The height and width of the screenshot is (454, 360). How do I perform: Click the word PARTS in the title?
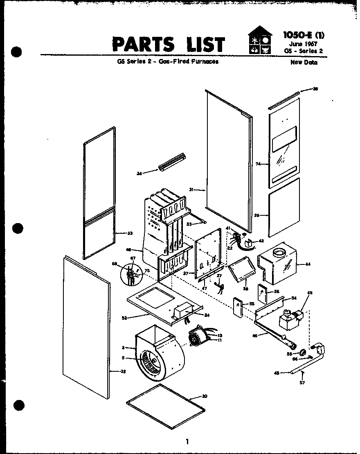(137, 44)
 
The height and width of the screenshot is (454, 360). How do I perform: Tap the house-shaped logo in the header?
(259, 41)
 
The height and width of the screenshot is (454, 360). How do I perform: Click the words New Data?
(304, 63)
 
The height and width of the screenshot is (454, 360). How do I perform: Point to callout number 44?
(308, 264)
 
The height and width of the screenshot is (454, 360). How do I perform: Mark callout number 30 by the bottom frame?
(205, 396)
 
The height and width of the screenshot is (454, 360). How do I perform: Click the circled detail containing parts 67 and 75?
(131, 273)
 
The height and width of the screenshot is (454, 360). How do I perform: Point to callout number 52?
(124, 317)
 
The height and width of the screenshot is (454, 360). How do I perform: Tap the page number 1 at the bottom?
(187, 441)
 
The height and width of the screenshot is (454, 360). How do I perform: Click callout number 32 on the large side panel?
(123, 372)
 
